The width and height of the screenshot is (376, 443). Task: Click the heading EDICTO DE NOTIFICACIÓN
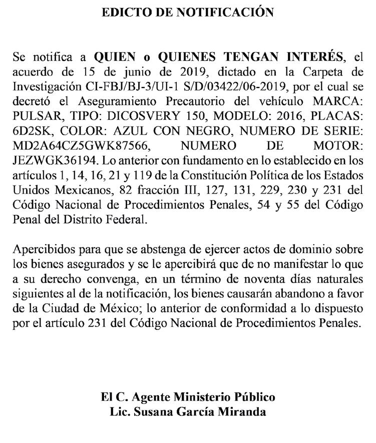[x=188, y=12]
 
